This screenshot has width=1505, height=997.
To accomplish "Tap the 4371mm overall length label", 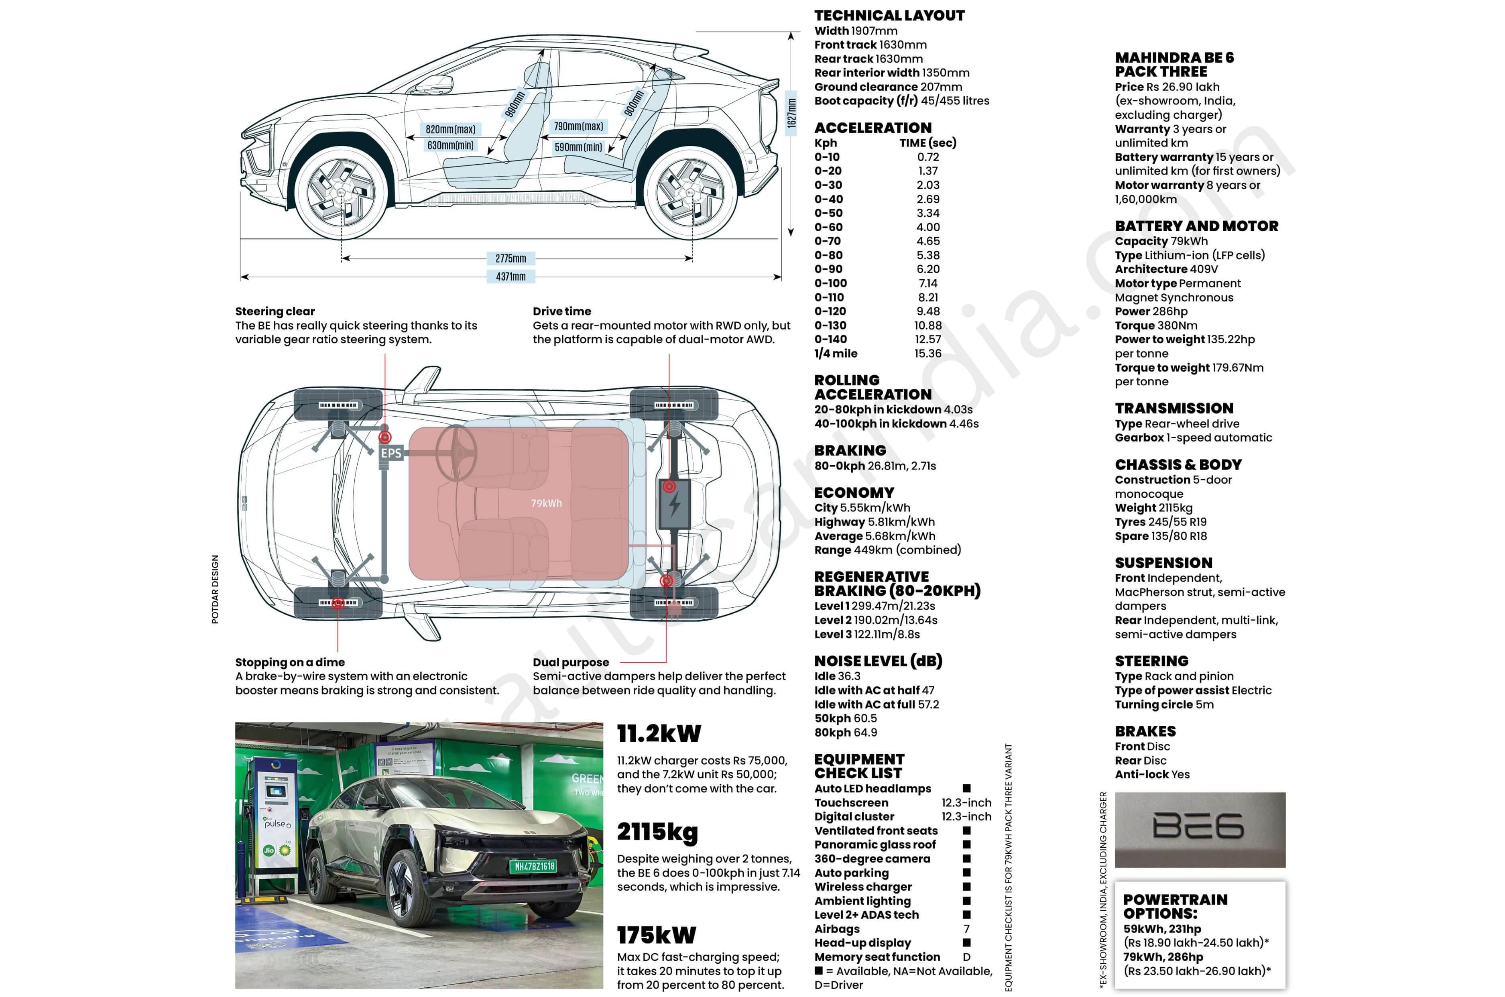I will pos(510,277).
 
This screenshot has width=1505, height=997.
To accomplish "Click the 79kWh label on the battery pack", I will pos(546,503).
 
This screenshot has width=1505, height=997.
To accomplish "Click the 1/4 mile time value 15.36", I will pos(927,354).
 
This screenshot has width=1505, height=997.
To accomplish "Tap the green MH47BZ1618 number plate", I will pos(534,866).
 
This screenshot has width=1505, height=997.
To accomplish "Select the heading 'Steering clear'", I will pos(275,311).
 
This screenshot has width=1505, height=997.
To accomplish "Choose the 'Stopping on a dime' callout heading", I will pos(290,662).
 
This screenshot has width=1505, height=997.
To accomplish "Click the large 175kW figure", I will pos(656,935).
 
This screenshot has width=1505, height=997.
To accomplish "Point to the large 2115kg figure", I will pos(657,832).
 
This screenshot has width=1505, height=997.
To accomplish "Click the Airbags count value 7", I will pos(966,929).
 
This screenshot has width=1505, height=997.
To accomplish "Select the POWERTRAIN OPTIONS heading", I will pos(1175,906).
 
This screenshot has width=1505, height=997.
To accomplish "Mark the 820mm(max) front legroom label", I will pos(450,129).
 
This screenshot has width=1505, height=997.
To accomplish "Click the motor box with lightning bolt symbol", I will pos(675,504).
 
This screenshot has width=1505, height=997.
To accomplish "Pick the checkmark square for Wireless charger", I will pos(966,886).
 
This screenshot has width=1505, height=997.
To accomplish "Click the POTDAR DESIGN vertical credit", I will pos(215,590).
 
